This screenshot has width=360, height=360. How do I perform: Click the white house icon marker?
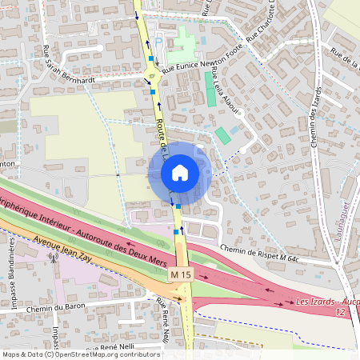pyautogui.click(x=179, y=173)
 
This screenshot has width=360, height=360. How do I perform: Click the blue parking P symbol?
pyautogui.click(x=158, y=42)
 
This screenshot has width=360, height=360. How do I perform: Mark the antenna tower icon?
pyautogui.click(x=54, y=258)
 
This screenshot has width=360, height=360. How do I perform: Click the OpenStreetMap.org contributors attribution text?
pyautogui.click(x=108, y=354)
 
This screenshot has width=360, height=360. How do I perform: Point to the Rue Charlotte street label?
pyautogui.click(x=262, y=24)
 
